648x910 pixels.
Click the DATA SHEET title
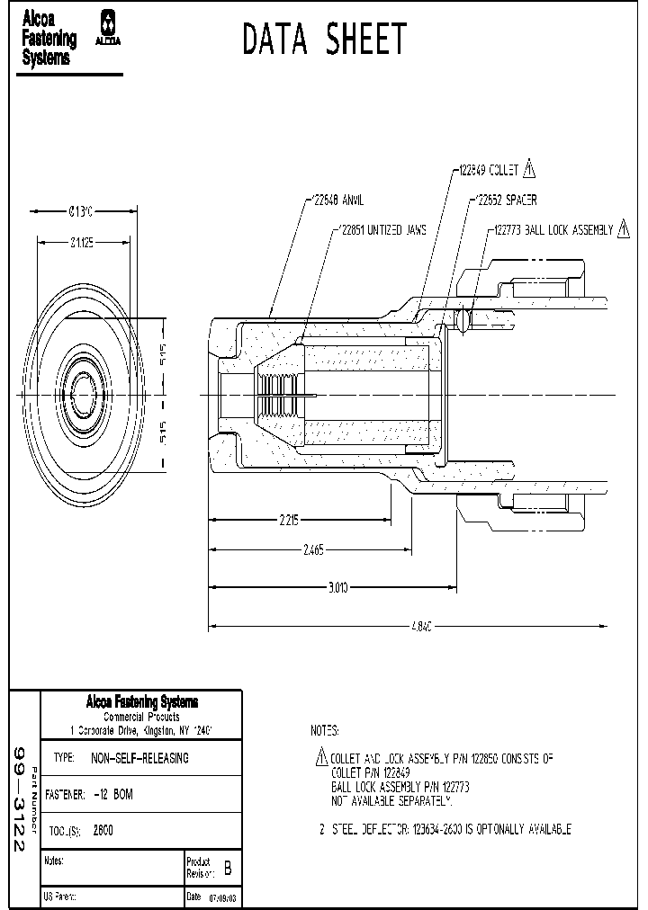tap(325, 40)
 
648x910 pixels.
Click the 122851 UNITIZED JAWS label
tap(381, 229)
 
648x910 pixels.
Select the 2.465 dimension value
tap(314, 549)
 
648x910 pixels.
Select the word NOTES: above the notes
tap(324, 730)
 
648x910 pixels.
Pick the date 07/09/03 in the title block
tap(224, 897)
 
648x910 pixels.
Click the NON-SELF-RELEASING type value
tap(139, 758)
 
